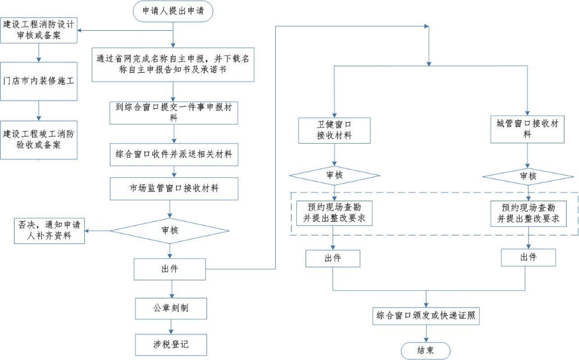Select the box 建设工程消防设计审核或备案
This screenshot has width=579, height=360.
(39, 30)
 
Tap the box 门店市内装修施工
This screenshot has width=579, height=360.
(39, 81)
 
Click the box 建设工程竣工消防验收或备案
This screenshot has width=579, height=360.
(39, 139)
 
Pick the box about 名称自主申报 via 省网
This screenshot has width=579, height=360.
(175, 64)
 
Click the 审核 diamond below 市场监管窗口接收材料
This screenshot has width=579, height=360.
(170, 230)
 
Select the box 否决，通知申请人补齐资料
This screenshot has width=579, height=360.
(49, 231)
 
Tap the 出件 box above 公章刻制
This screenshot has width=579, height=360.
(170, 269)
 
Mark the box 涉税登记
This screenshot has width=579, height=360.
(170, 344)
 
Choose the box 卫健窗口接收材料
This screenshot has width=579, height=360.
(334, 130)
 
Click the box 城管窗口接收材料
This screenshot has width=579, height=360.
(527, 129)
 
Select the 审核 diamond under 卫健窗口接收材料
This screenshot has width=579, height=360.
(334, 175)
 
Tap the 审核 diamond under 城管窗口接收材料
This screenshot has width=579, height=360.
(528, 176)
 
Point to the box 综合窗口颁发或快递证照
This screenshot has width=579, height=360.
(427, 316)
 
